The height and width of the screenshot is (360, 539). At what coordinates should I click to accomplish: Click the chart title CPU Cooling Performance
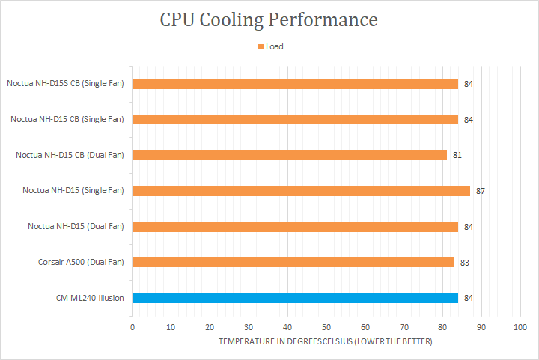[269, 19]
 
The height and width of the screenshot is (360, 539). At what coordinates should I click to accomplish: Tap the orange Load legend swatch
[261, 46]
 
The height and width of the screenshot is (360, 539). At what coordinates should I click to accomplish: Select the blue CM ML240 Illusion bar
[295, 298]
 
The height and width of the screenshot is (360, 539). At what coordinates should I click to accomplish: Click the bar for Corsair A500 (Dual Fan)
[293, 262]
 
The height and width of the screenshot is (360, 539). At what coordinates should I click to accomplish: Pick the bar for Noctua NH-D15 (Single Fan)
[301, 191]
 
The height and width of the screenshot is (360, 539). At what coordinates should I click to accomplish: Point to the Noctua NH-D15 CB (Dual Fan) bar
[290, 155]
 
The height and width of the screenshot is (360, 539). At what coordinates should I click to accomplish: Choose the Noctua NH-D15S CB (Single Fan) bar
[295, 84]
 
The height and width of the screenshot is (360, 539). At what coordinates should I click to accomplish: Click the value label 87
[481, 191]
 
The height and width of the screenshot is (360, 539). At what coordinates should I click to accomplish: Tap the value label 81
[457, 155]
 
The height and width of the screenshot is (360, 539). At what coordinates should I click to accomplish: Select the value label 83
[465, 262]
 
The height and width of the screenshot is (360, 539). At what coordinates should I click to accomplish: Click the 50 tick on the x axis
[326, 327]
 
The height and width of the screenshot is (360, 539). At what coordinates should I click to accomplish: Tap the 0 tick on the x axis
[133, 327]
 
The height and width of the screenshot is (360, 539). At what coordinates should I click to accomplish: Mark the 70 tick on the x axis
[404, 327]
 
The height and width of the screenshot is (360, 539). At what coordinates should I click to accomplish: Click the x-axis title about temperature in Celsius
[326, 342]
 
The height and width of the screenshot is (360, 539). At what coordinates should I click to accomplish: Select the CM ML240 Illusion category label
[90, 298]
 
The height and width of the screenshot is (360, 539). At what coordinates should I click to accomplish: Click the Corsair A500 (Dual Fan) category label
[81, 262]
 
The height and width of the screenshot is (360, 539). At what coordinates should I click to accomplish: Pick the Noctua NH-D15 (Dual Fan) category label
[76, 226]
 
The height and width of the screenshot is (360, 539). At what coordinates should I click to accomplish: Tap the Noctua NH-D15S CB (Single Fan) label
[65, 84]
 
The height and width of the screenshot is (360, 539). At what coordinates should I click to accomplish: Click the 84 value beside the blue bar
[469, 298]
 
